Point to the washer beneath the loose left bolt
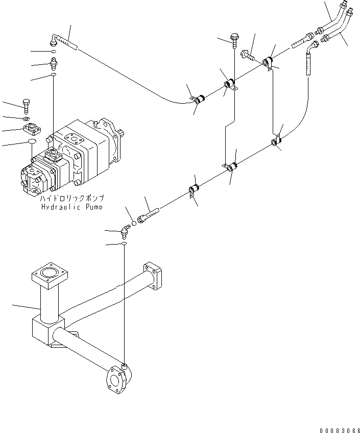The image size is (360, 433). pyautogui.click(x=27, y=119)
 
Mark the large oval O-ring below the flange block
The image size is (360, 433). pyautogui.click(x=30, y=141)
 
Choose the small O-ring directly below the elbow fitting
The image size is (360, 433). pyautogui.click(x=124, y=245)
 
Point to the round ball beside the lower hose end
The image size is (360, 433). pyautogui.click(x=134, y=223)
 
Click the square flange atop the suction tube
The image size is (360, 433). pyautogui.click(x=49, y=275)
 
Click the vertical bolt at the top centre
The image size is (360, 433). pyautogui.click(x=234, y=38)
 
